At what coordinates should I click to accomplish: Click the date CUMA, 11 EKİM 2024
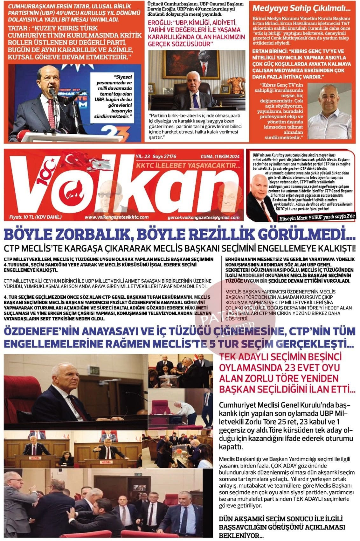point(220,157)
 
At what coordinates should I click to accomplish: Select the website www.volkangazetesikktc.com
point(117,217)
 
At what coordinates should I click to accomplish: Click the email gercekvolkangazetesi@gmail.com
point(204,217)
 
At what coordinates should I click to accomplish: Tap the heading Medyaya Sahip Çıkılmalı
point(293,8)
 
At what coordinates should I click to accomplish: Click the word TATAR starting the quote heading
point(18,28)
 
